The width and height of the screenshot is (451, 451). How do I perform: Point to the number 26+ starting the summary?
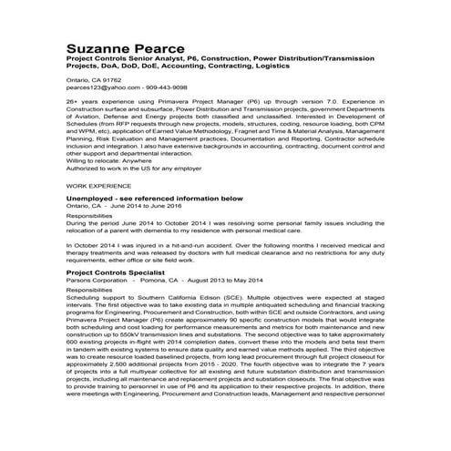(x=73, y=106)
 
